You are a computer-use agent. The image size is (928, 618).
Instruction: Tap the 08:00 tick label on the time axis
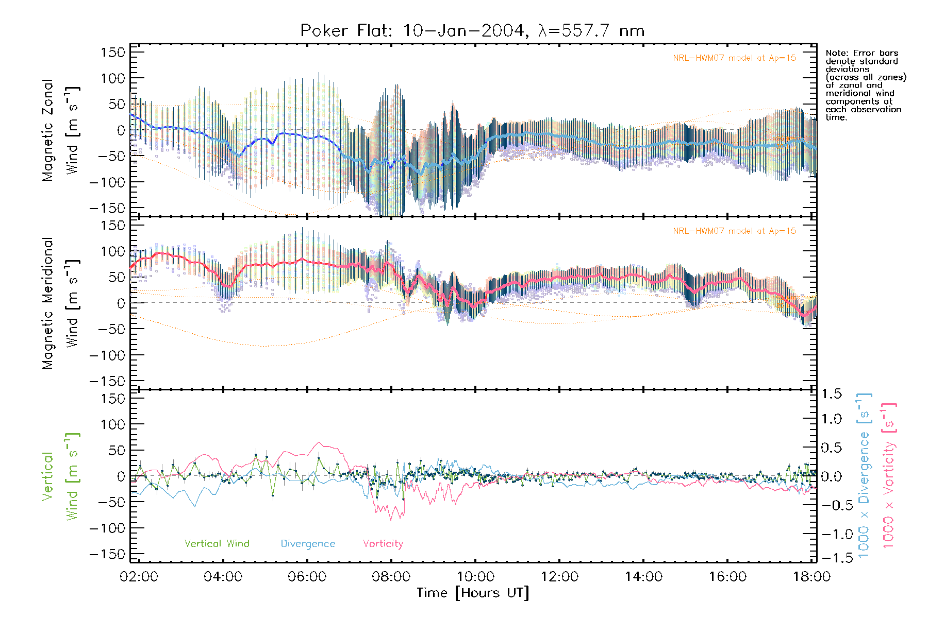tap(391, 577)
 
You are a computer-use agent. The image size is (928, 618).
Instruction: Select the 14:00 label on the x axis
tap(643, 577)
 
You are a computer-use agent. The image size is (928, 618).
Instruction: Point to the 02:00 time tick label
tap(139, 577)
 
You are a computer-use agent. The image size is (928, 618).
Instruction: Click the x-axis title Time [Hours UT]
tap(473, 593)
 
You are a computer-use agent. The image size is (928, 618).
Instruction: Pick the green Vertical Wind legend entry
tap(217, 544)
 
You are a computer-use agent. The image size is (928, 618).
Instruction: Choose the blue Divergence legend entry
tap(308, 544)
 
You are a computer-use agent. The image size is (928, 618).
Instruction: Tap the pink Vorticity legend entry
tap(383, 544)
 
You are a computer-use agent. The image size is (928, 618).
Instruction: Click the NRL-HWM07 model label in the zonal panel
tap(734, 58)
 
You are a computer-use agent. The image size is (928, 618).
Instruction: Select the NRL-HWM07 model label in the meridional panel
tap(734, 231)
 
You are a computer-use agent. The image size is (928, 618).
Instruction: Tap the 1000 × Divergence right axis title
tap(864, 476)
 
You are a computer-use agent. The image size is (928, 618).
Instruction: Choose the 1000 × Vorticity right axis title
tap(888, 476)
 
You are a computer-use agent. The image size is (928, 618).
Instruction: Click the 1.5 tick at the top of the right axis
tap(831, 394)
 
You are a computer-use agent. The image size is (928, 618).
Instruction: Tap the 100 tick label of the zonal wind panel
tap(113, 78)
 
